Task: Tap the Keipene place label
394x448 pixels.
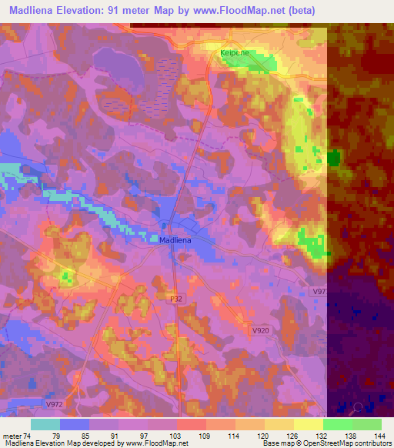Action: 234,52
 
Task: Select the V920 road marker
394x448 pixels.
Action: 262,329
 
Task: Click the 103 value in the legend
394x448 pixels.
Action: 178,435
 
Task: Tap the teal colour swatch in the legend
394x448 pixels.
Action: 45,424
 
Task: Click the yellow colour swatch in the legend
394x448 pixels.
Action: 308,424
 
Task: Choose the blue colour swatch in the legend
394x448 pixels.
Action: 75,424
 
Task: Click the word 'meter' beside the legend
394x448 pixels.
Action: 11,435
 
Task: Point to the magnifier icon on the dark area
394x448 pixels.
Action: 358,408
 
